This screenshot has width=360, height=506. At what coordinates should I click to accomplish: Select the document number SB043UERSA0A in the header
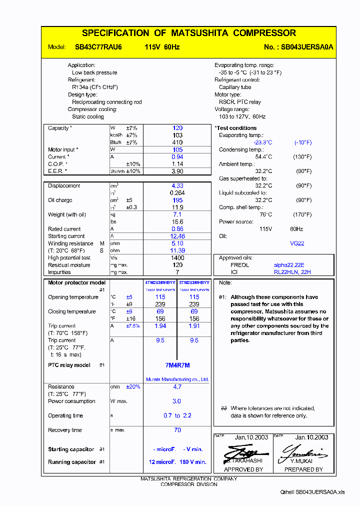[x=307, y=47]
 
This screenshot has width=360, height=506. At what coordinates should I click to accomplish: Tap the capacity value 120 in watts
[x=177, y=128]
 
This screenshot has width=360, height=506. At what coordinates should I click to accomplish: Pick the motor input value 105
[x=177, y=149]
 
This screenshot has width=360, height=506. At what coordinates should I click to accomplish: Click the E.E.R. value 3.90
[x=177, y=171]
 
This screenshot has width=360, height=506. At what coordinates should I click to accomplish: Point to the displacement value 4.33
[x=177, y=186]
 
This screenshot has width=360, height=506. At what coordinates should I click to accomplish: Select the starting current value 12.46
[x=177, y=236]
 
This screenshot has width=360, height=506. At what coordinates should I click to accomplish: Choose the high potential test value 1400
[x=177, y=258]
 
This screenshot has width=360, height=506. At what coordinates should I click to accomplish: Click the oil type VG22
[x=297, y=243]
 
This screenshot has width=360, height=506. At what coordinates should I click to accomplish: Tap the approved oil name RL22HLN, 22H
[x=292, y=272]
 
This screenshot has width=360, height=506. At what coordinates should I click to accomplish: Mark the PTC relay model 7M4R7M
[x=177, y=365]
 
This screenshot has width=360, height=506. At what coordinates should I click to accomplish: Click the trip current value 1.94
[x=160, y=326]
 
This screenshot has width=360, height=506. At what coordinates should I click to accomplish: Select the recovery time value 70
[x=177, y=430]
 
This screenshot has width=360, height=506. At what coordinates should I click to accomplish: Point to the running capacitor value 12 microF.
[x=161, y=462]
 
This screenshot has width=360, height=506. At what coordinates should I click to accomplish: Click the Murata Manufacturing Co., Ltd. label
[x=177, y=379]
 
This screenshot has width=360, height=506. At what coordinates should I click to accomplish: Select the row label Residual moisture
[x=69, y=265]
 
